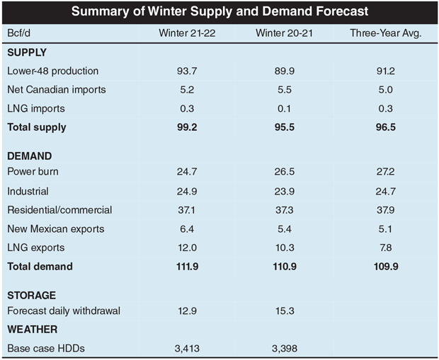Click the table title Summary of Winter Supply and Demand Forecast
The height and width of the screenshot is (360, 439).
pyautogui.click(x=219, y=12)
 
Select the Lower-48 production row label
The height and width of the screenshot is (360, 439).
pyautogui.click(x=52, y=71)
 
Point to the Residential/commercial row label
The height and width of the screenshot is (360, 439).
pyautogui.click(x=60, y=210)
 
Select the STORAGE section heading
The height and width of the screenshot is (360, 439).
pyautogui.click(x=30, y=295)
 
